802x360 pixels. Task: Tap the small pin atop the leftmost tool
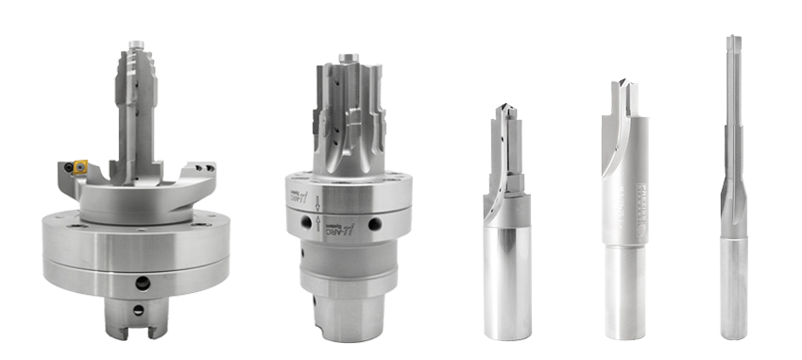(x=136, y=45)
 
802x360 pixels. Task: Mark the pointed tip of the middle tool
(x=503, y=108)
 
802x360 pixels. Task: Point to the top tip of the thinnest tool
(x=733, y=41)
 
